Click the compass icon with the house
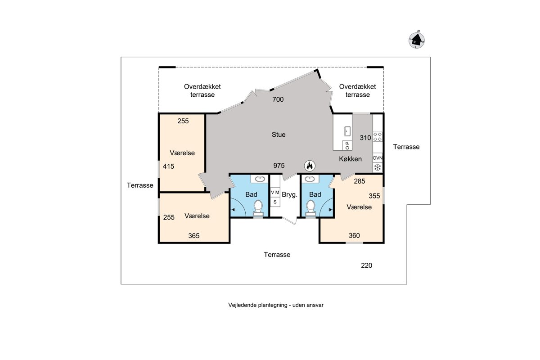[x=417, y=40]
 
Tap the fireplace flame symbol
[x=310, y=166]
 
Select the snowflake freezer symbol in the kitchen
[x=378, y=167]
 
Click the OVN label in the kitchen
[x=378, y=158]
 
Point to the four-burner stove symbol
[x=378, y=136]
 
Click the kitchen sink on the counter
[x=347, y=131]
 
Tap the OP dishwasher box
[x=347, y=145]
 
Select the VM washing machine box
[x=275, y=193]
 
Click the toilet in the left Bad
[x=258, y=208]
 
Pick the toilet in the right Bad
[x=310, y=208]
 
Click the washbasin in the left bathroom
[x=260, y=179]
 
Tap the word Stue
[x=279, y=135]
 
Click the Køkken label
[x=350, y=159]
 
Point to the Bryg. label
[x=289, y=194]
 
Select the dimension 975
[x=279, y=166]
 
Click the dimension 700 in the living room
[x=278, y=99]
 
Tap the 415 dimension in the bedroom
[x=168, y=166]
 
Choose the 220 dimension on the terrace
[x=366, y=265]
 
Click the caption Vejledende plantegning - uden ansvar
[x=276, y=305]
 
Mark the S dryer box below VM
[x=275, y=202]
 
